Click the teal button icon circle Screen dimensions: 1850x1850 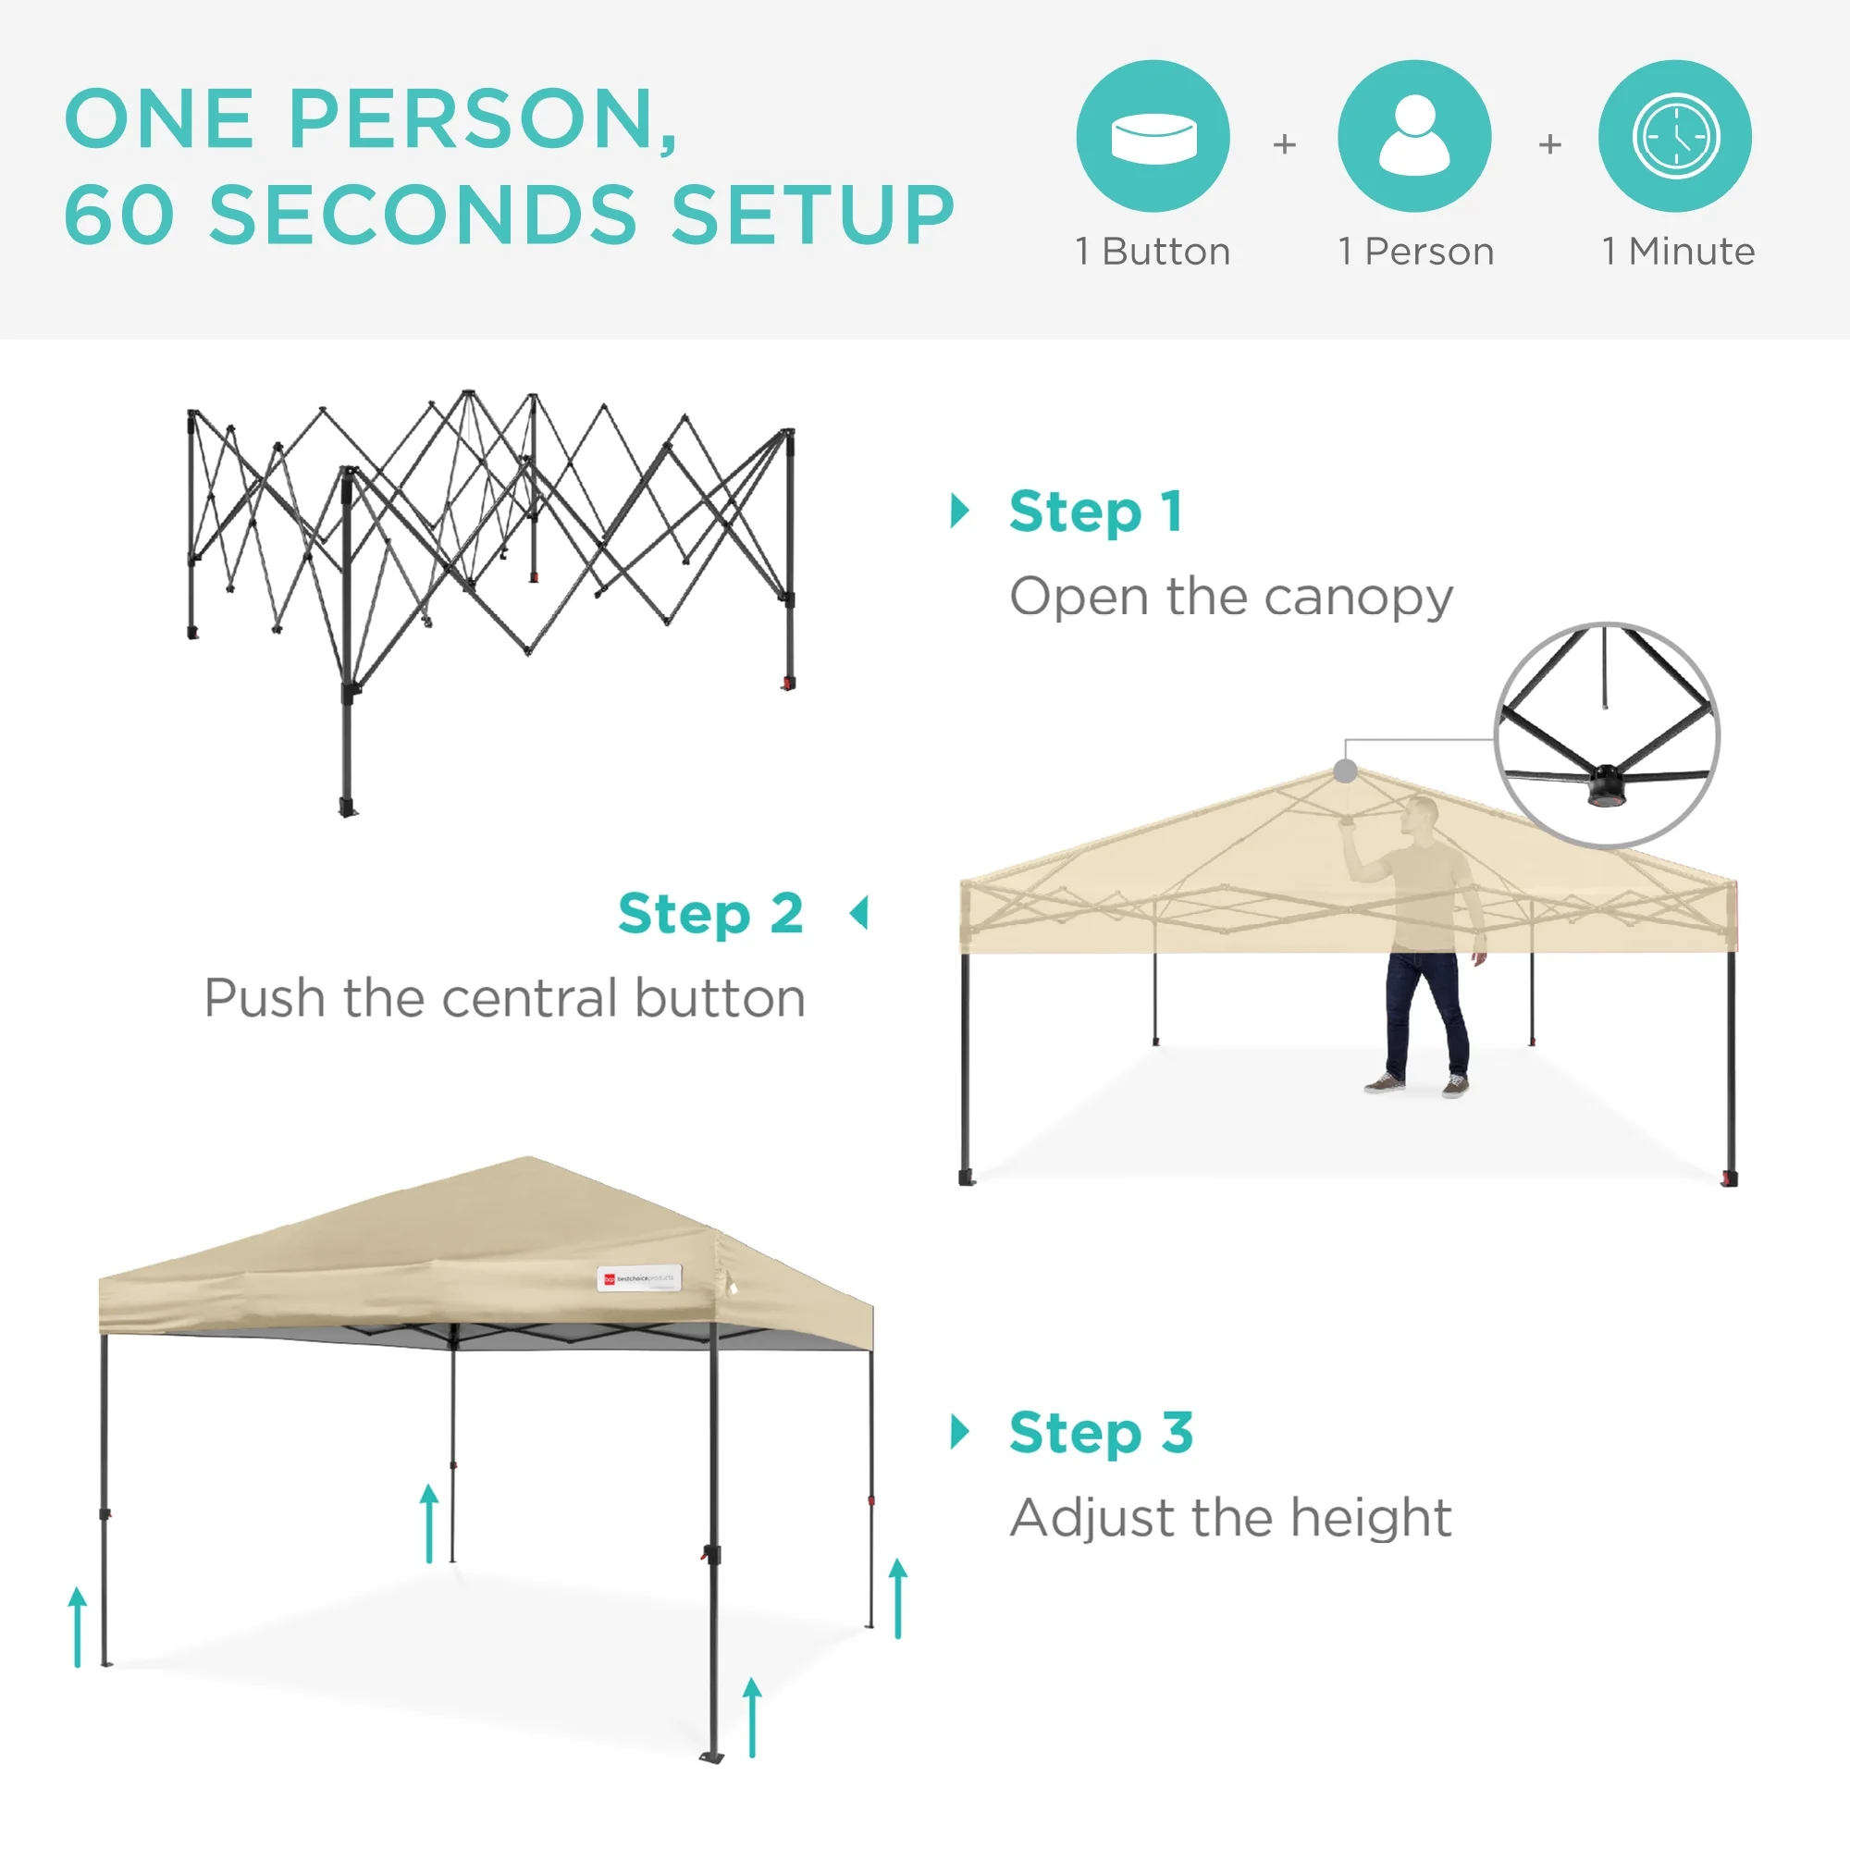tap(1153, 136)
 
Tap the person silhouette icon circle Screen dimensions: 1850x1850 tap(1414, 136)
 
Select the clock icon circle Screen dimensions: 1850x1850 tap(1675, 136)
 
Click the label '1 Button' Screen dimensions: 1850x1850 tap(1153, 252)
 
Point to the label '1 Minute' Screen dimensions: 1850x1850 tap(1679, 252)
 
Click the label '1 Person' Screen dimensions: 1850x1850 tap(1416, 252)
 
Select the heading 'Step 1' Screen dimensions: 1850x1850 tap(1095, 512)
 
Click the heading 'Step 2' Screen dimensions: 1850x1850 tap(710, 914)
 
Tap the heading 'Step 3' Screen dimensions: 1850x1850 tap(1101, 1433)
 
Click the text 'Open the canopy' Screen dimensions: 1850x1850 tap(1231, 598)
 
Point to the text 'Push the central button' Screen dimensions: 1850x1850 tap(505, 999)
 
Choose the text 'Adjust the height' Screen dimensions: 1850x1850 tap(1230, 1518)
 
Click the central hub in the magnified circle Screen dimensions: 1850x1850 tap(1606, 783)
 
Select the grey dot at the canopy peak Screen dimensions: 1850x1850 tap(1345, 771)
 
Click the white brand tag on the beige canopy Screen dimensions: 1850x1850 tap(640, 1278)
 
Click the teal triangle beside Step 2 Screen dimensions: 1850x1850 tap(860, 914)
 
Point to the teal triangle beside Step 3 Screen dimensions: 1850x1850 tap(959, 1432)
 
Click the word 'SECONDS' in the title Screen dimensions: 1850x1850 tap(423, 215)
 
